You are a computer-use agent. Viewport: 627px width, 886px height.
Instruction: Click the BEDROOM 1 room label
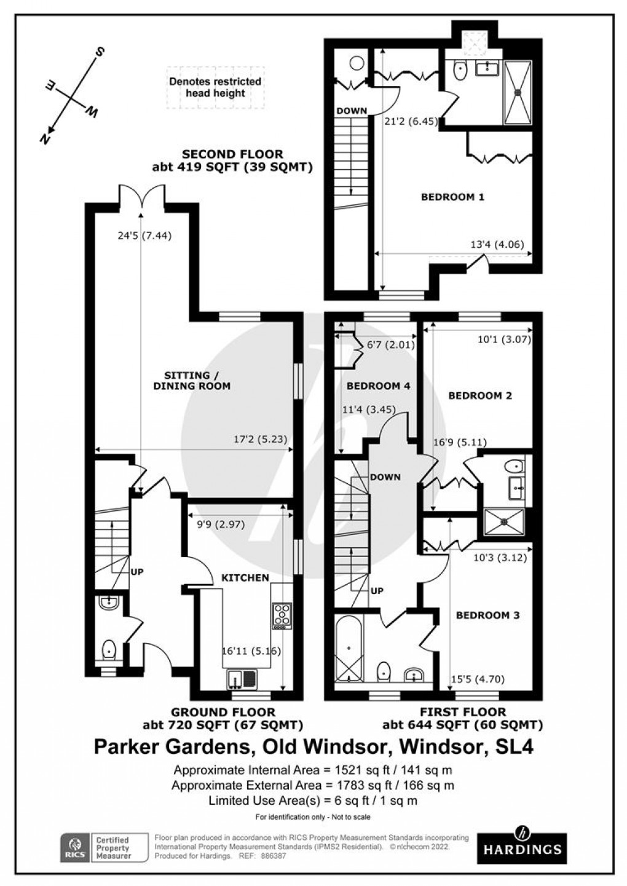(452, 197)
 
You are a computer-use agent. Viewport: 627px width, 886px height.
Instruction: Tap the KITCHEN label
(245, 577)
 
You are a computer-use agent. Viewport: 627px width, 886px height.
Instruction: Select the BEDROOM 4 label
(378, 386)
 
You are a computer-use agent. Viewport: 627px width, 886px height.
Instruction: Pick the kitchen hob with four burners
(282, 615)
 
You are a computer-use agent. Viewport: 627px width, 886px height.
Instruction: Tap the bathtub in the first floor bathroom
(349, 649)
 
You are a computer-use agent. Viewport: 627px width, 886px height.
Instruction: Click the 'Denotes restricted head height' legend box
(215, 87)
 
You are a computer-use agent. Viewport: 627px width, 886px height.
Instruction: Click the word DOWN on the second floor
(352, 111)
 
